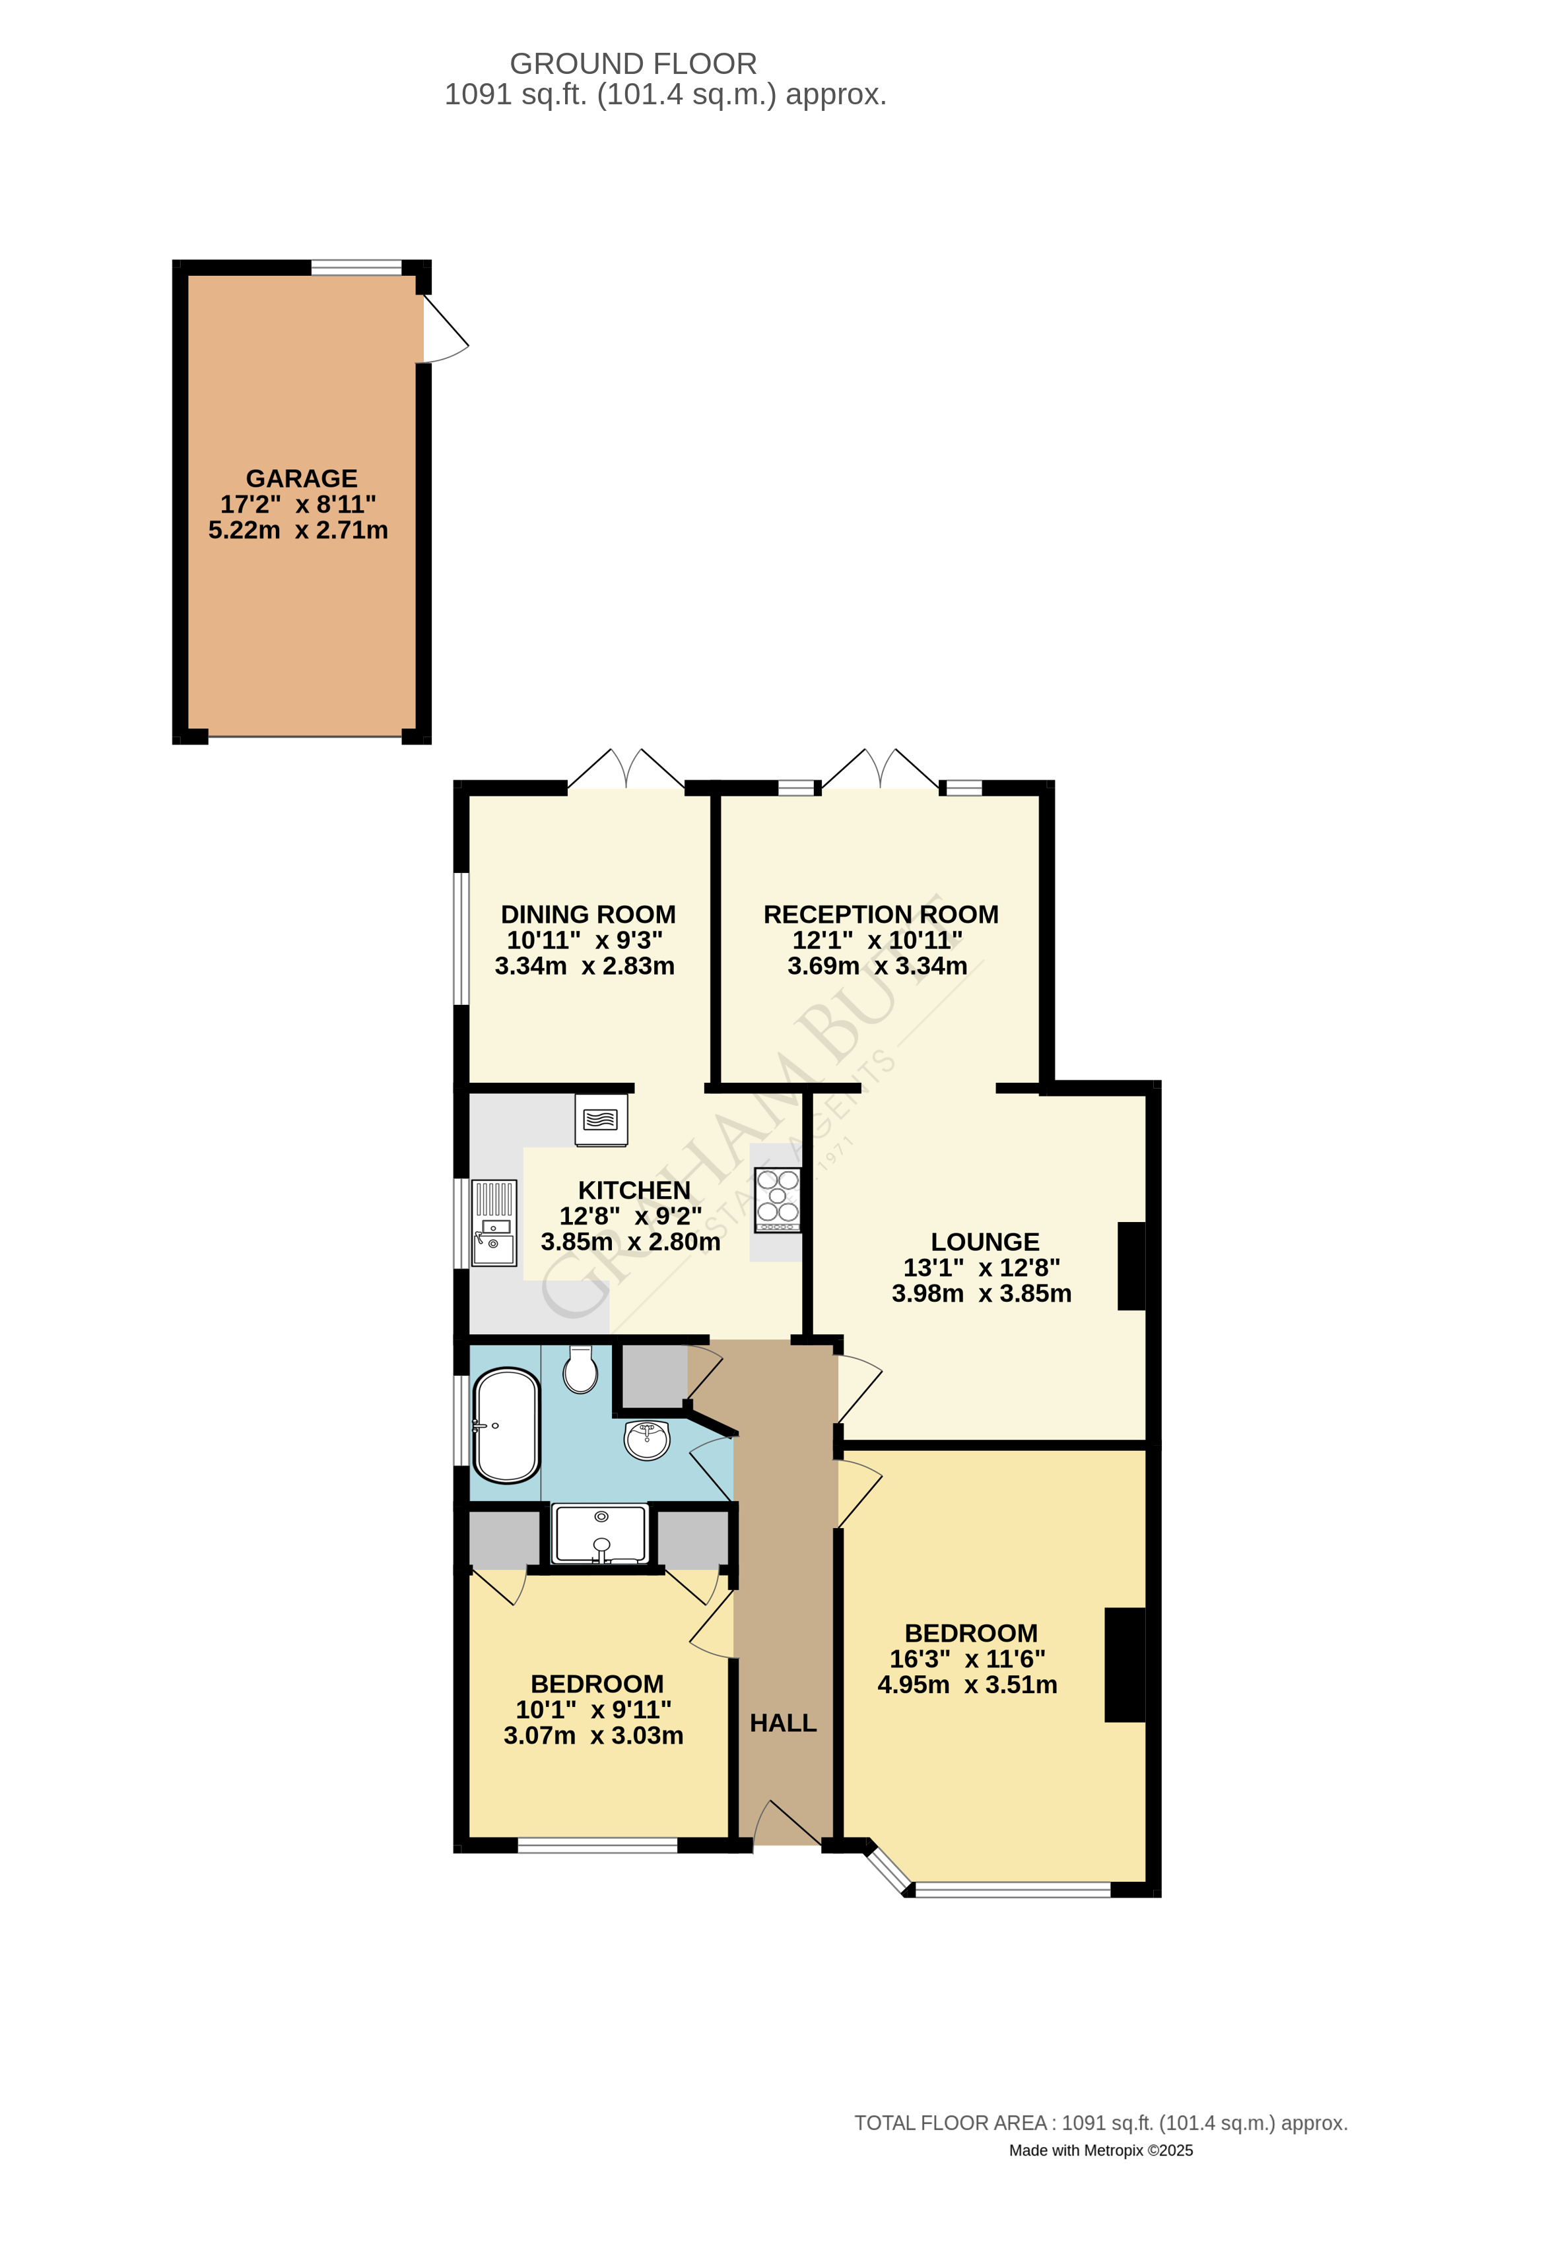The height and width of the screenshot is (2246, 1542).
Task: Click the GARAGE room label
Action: tap(302, 478)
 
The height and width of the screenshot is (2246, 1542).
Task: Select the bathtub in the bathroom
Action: tap(506, 1425)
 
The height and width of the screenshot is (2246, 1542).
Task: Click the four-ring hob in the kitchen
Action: tap(778, 1198)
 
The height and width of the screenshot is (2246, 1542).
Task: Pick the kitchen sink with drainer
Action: tap(493, 1223)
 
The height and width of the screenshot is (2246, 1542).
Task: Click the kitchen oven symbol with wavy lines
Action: tap(601, 1119)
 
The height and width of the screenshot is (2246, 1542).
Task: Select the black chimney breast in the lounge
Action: tap(1131, 1266)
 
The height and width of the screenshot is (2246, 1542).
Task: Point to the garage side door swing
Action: tap(445, 329)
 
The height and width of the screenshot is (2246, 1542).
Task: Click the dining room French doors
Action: tap(626, 770)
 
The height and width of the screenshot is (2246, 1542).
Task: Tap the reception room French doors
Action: tap(880, 770)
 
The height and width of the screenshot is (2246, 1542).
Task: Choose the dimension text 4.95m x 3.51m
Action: tap(967, 1684)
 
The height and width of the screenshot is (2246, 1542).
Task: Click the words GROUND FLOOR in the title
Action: tap(633, 64)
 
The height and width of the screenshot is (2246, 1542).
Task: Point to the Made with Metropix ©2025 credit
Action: tap(1100, 2150)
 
